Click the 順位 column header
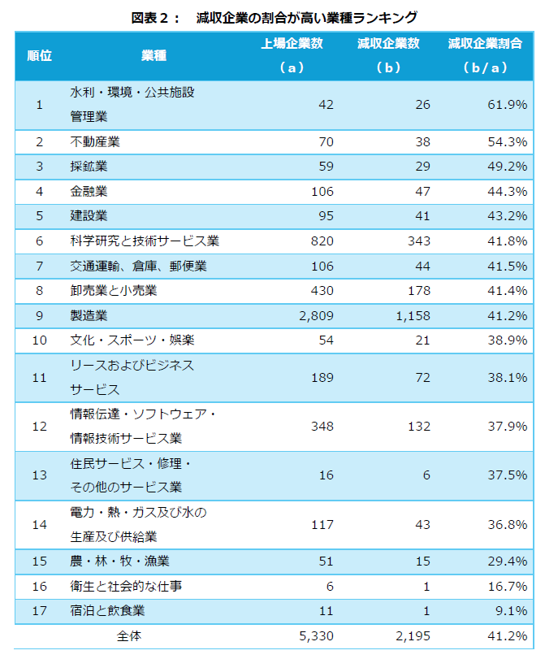click(39, 55)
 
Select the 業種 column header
click(153, 55)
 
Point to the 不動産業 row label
click(95, 142)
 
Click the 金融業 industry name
click(89, 192)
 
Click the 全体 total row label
click(129, 635)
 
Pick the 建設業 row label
click(89, 216)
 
